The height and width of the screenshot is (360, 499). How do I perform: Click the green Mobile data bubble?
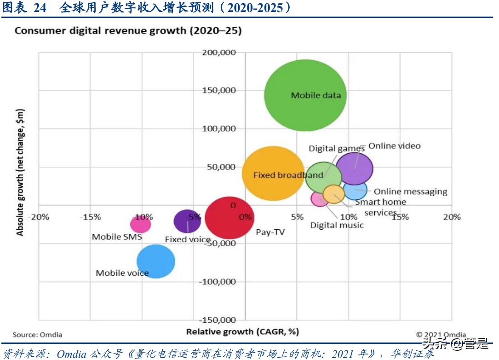[x=305, y=95]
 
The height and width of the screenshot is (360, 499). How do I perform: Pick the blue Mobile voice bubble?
[x=156, y=261]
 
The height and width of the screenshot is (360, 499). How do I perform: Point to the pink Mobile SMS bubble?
[x=140, y=224]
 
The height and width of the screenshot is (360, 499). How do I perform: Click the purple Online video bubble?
[x=354, y=168]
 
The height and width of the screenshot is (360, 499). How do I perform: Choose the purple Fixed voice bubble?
[x=187, y=221]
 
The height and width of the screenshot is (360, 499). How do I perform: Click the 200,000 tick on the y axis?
[x=219, y=52]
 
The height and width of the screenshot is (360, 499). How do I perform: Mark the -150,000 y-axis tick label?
[x=218, y=320]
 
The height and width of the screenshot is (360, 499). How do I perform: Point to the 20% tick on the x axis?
[x=452, y=217]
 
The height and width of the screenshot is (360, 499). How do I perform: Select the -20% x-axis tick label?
[x=39, y=217]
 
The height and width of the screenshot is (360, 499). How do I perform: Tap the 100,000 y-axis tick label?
[x=219, y=128]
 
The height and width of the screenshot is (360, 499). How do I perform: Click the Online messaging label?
[x=410, y=192]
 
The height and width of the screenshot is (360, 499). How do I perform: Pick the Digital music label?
[x=337, y=225]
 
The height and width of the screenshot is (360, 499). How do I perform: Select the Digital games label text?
[x=337, y=148]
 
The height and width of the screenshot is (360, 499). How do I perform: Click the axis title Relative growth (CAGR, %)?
[x=242, y=331]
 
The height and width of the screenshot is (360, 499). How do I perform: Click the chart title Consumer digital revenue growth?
[x=128, y=31]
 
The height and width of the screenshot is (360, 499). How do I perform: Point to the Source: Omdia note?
[x=37, y=335]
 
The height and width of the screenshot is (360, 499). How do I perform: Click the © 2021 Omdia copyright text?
[x=441, y=335]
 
